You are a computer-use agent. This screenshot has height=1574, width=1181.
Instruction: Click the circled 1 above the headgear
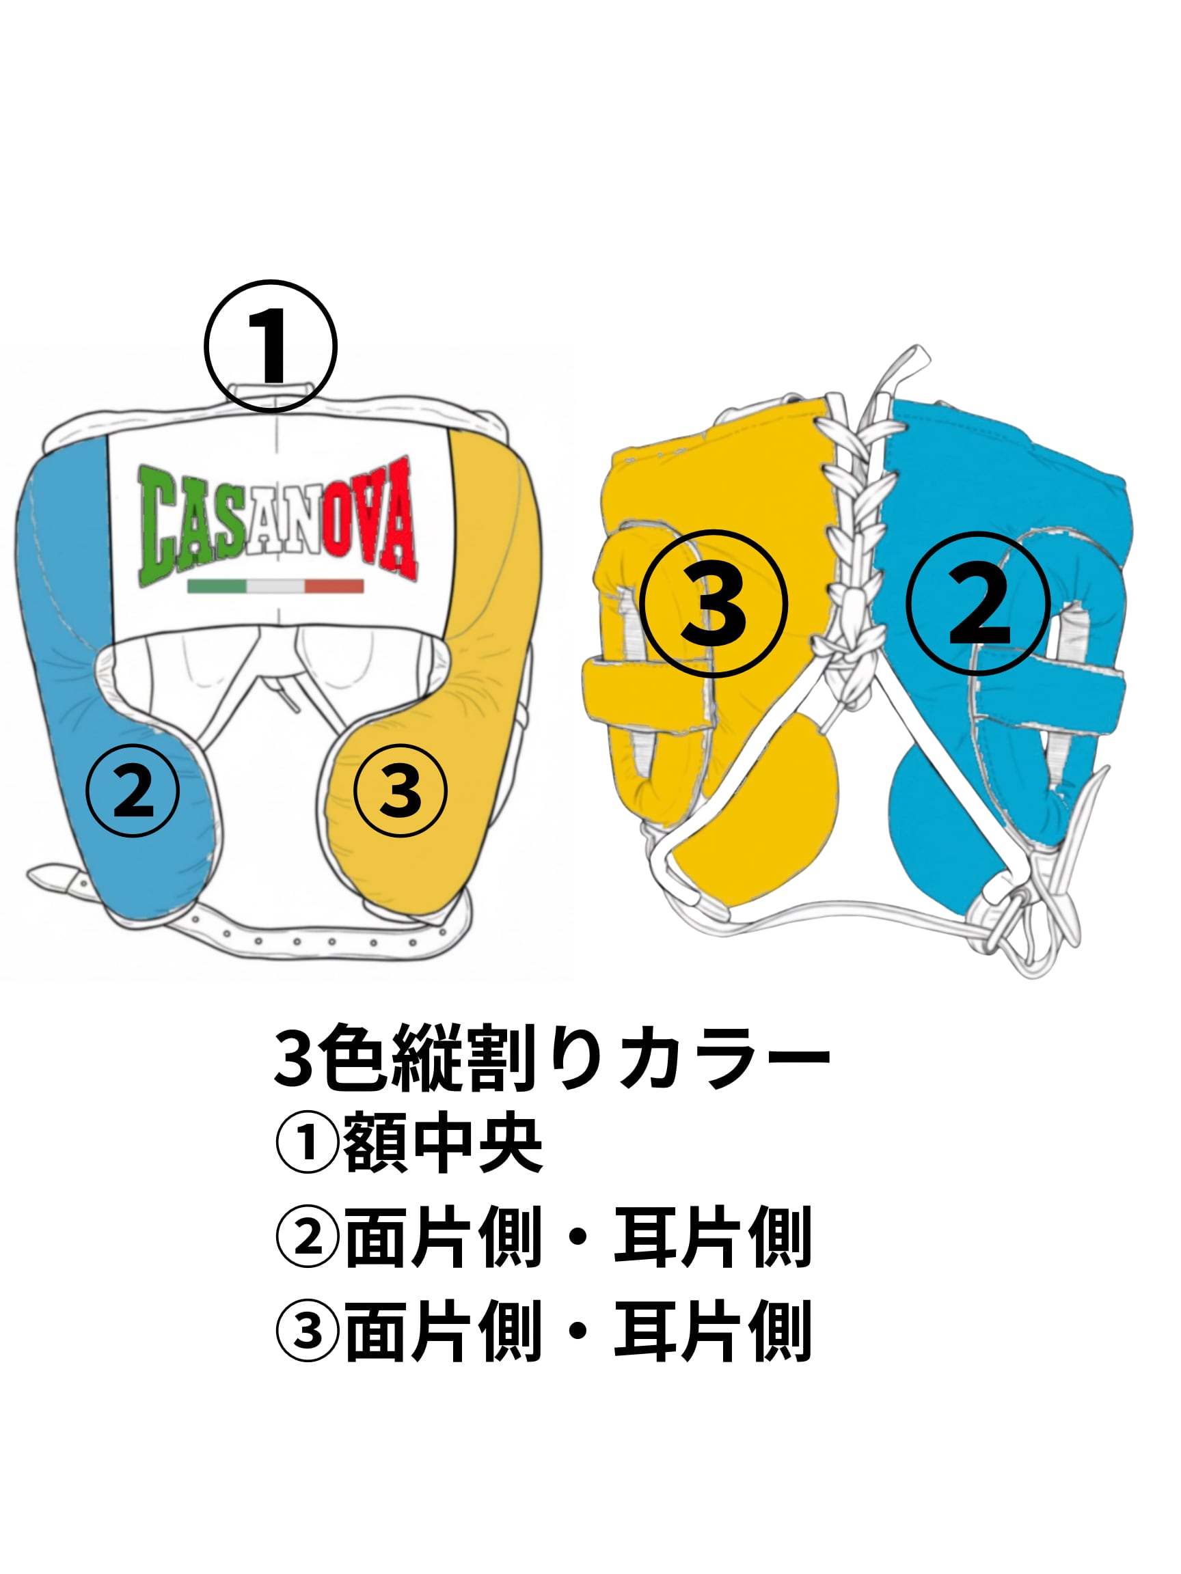[270, 346]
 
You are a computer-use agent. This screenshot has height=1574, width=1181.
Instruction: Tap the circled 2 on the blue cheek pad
[133, 791]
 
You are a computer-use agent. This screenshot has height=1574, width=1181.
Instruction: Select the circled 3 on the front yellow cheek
[400, 791]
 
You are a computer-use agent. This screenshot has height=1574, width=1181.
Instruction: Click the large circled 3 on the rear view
[713, 603]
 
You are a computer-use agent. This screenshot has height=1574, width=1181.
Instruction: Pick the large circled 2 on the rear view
[979, 603]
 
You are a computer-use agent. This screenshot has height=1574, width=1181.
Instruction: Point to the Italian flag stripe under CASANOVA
[275, 586]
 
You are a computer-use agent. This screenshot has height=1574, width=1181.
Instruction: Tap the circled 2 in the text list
[307, 1239]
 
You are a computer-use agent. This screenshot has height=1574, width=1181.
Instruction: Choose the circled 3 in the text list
[307, 1332]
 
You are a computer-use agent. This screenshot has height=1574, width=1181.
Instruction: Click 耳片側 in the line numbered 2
[712, 1239]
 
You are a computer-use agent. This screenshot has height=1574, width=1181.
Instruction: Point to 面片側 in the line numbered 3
[442, 1332]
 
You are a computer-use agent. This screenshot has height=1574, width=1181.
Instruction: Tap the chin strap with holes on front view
[299, 940]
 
